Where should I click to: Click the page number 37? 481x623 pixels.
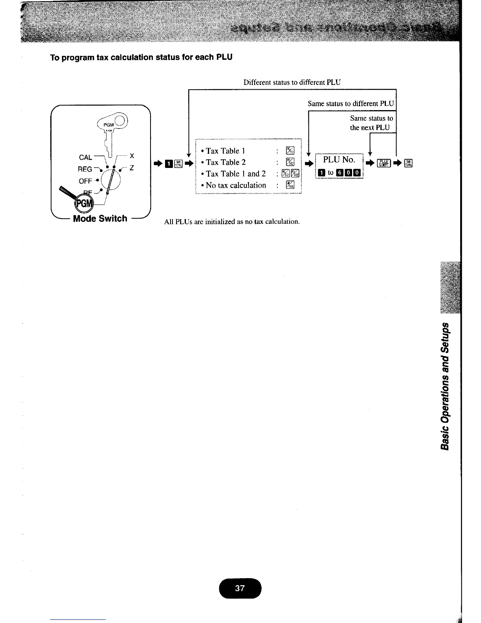coord(240,588)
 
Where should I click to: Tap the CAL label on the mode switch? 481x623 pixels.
coord(85,157)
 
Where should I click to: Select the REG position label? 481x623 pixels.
coord(85,169)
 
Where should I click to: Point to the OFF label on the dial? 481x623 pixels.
coord(85,181)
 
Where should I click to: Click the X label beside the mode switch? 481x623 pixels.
coord(132,156)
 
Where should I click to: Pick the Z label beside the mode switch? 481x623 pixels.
coord(132,168)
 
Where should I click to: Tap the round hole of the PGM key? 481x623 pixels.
coord(120,119)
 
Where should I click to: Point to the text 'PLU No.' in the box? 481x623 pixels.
coord(339,160)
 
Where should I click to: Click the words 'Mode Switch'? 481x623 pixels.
coord(100,219)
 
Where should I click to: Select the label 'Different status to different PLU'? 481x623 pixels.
coord(292,83)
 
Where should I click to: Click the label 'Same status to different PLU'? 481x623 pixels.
coord(351,104)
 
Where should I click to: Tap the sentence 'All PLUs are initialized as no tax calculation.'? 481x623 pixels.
coord(232,221)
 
